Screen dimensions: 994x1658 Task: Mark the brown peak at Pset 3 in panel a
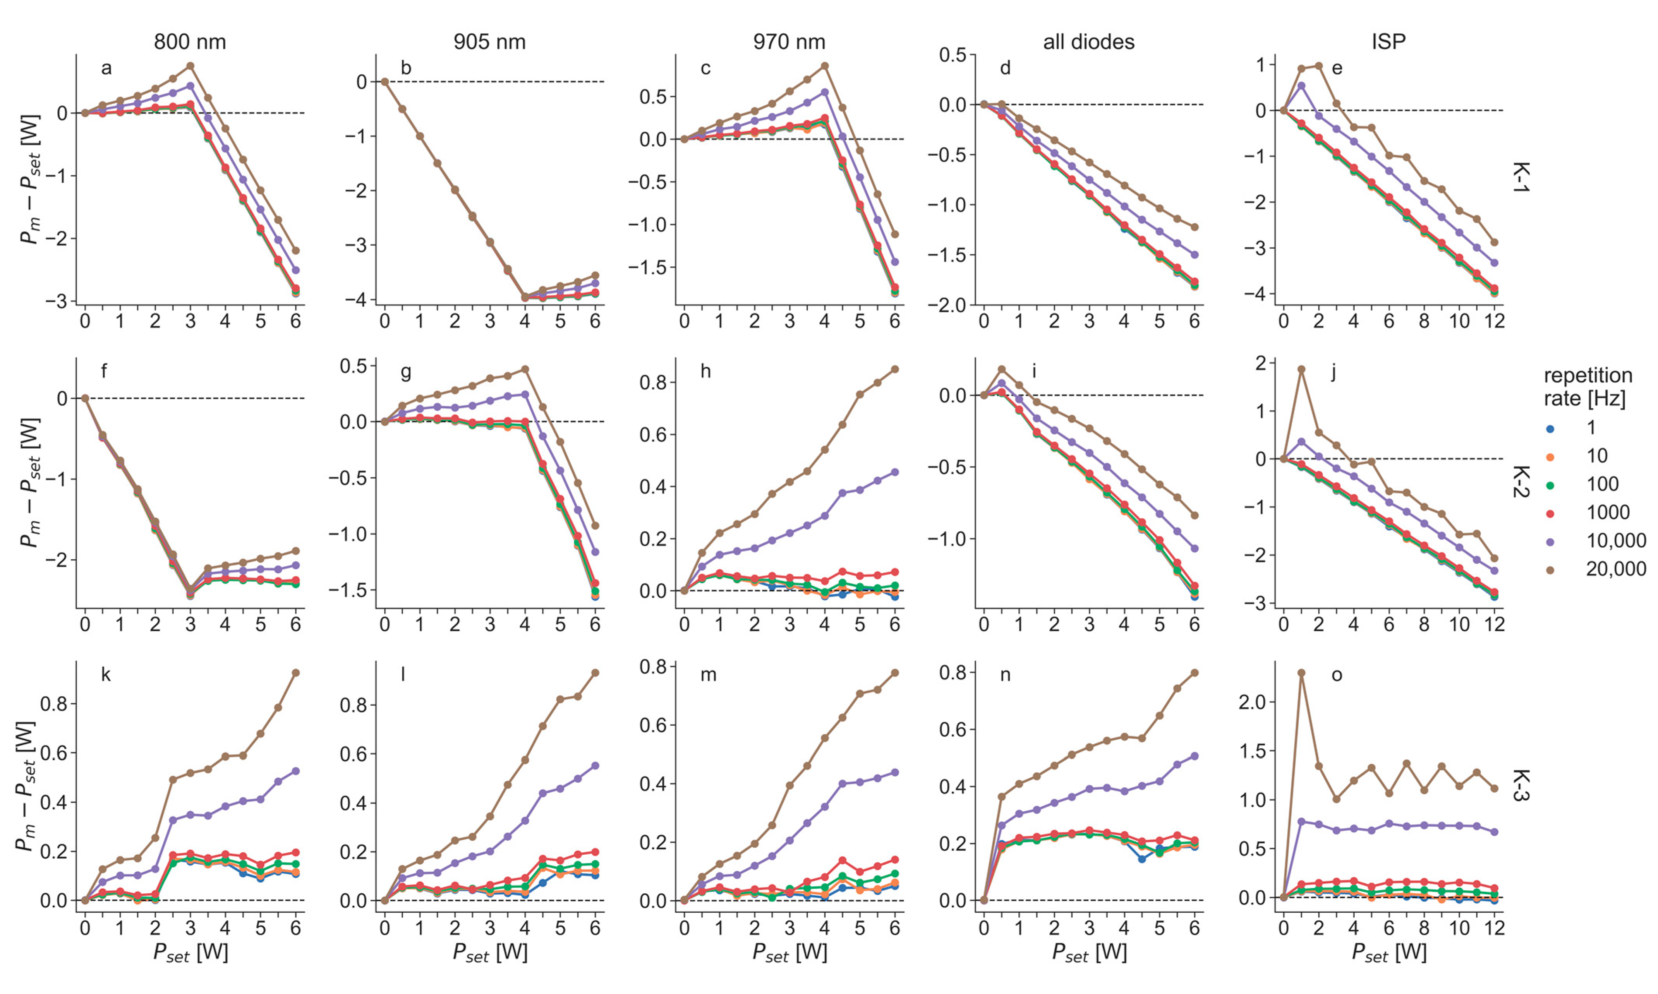coord(190,66)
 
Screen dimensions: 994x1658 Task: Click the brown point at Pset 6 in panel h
coord(894,369)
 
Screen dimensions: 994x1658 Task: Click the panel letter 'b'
coord(406,69)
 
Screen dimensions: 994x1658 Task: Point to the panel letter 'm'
coord(708,675)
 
